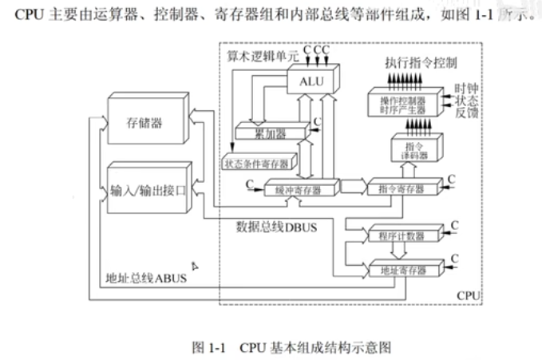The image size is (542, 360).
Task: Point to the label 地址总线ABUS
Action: pyautogui.click(x=145, y=279)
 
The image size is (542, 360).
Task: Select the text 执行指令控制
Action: pyautogui.click(x=421, y=61)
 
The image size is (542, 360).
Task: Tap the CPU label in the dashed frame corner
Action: pyautogui.click(x=468, y=295)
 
